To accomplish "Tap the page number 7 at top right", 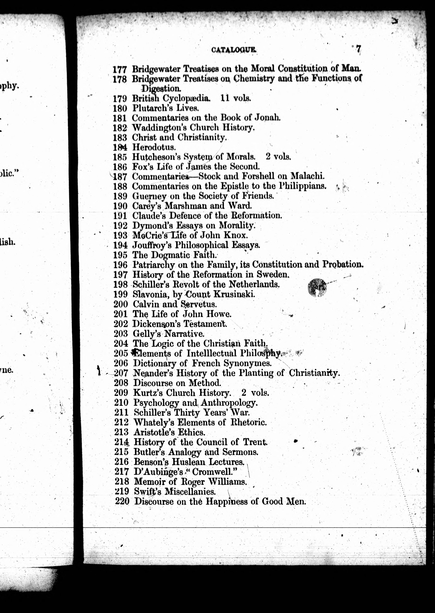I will tap(358, 49).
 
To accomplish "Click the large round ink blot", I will tap(317, 287).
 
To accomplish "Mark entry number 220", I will tap(122, 501).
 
